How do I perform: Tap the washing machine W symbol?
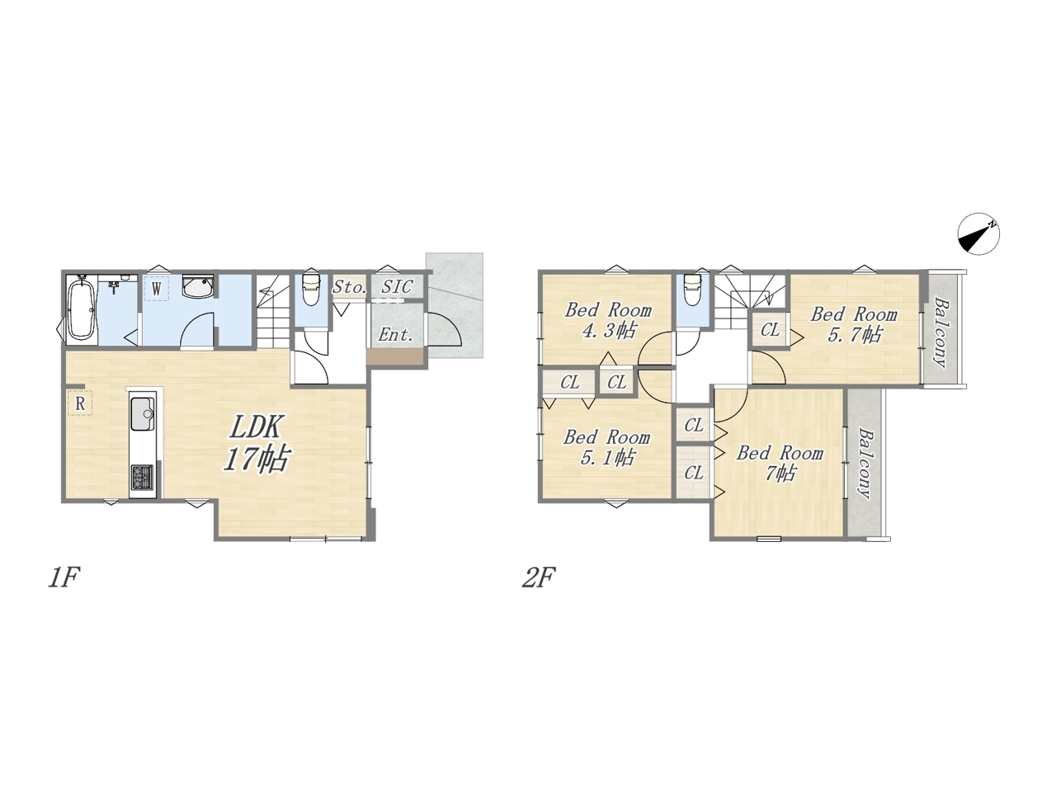(x=157, y=289)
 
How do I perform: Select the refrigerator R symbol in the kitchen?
(x=80, y=403)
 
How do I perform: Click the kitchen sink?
(x=143, y=414)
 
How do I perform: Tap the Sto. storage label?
(x=350, y=287)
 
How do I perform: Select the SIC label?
(x=397, y=287)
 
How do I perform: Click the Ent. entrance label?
(x=395, y=335)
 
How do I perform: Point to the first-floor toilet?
(x=310, y=290)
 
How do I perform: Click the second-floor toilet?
(x=693, y=290)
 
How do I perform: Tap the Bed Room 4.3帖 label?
(x=608, y=320)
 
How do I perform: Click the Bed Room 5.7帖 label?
(x=854, y=324)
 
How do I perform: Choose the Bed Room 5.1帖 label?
(x=606, y=447)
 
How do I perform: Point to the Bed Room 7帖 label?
(x=780, y=463)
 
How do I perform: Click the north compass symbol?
(x=978, y=233)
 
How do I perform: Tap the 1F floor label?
(x=63, y=578)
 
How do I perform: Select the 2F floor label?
(x=539, y=578)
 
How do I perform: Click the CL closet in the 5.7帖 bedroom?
(x=771, y=330)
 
